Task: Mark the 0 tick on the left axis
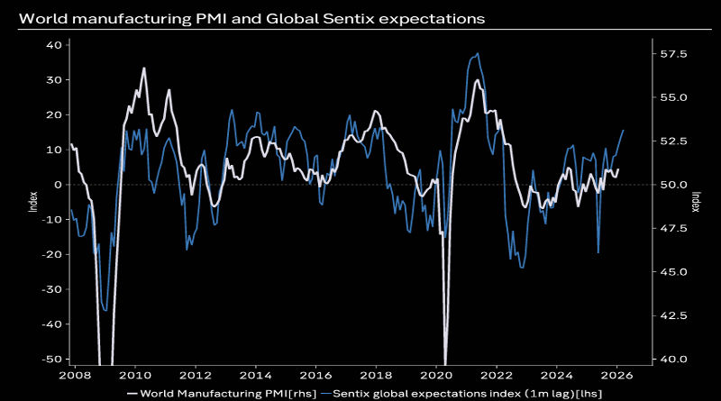[57, 185]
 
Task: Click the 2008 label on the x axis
[75, 374]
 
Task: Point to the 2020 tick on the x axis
[436, 374]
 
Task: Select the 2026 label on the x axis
[617, 374]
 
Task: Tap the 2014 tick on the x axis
[255, 374]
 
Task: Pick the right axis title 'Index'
[695, 202]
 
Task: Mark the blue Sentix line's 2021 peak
[477, 54]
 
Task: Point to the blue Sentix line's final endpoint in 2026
[624, 131]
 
